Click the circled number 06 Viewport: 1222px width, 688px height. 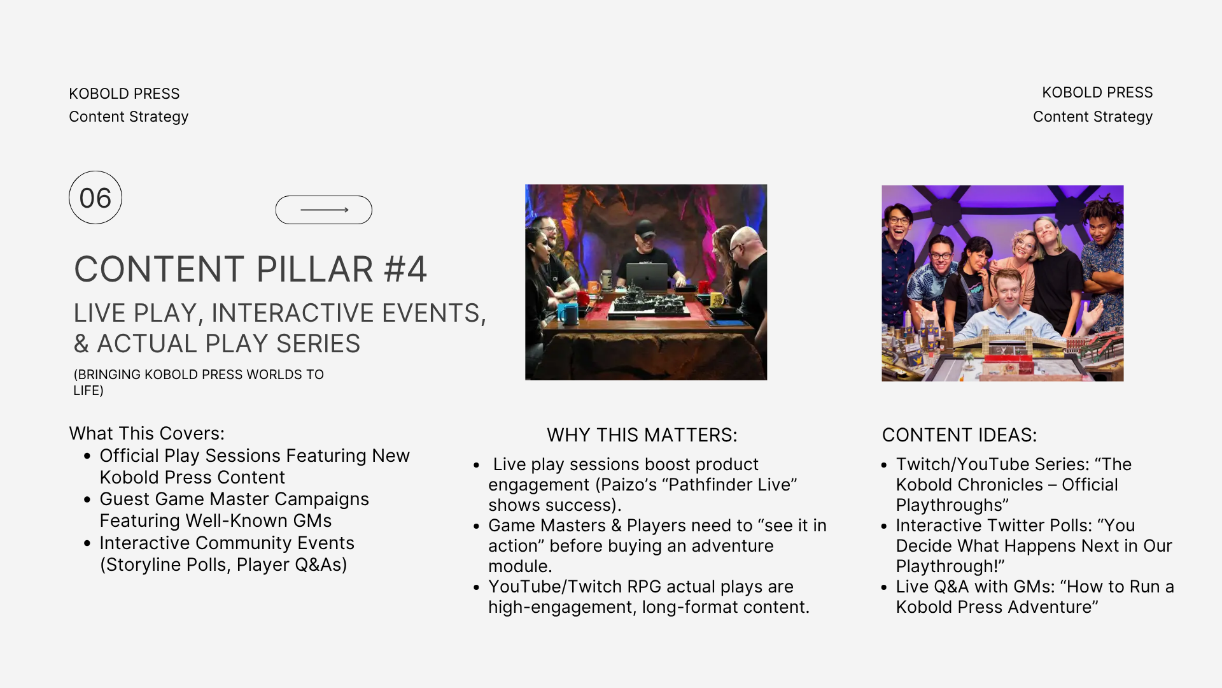(x=95, y=197)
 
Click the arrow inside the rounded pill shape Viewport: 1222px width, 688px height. (x=325, y=210)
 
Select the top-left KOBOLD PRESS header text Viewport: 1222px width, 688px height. (x=124, y=94)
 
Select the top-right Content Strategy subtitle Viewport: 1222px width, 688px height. (x=1093, y=117)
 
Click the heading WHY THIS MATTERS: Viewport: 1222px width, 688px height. (x=642, y=435)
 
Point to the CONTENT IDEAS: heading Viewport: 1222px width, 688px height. (x=959, y=435)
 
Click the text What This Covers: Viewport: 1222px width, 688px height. (x=147, y=433)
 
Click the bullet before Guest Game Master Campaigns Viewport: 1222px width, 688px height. (x=87, y=499)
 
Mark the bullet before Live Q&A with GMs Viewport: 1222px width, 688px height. (x=884, y=587)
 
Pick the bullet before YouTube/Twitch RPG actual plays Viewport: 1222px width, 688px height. (x=476, y=587)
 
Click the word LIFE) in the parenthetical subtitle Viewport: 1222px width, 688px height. (x=88, y=391)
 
